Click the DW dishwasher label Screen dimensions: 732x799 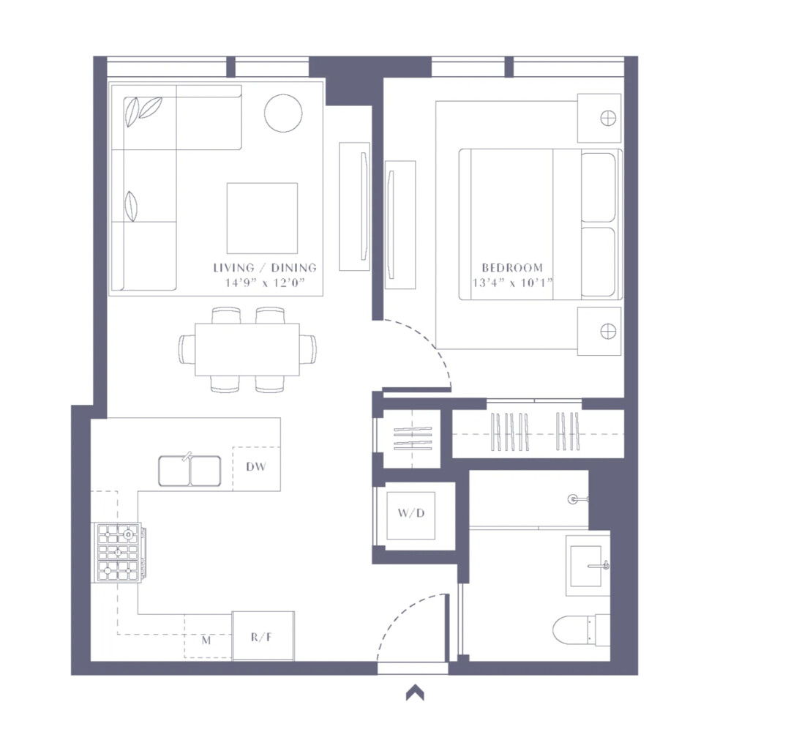(255, 466)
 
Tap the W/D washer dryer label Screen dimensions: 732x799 (410, 513)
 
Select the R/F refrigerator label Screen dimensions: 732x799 (261, 638)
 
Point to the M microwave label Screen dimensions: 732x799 (206, 640)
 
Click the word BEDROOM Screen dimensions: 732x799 (511, 268)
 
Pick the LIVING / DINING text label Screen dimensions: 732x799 (265, 268)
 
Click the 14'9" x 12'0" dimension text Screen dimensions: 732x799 (264, 283)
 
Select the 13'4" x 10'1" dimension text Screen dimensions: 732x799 (511, 283)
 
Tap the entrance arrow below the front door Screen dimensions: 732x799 (416, 692)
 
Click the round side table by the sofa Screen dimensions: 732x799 (283, 113)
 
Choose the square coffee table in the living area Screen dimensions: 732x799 (262, 217)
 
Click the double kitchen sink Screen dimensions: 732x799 (190, 471)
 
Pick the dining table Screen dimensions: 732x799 (247, 349)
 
